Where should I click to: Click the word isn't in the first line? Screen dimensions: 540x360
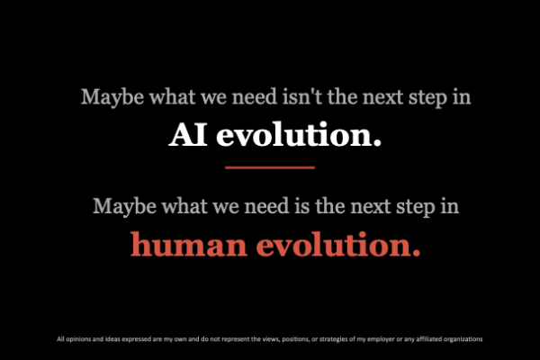(302, 97)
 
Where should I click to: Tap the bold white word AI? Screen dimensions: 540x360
(188, 135)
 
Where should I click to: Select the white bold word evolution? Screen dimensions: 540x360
(295, 134)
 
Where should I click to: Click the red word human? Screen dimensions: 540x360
(189, 244)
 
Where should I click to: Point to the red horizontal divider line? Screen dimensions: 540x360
(270, 167)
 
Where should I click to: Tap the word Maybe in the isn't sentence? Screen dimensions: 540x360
(112, 97)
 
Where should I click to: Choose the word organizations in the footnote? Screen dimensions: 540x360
(463, 339)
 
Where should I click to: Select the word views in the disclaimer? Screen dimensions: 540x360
(272, 339)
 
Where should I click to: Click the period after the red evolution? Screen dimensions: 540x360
(417, 254)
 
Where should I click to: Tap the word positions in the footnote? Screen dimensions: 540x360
(296, 339)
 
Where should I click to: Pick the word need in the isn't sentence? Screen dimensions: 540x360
(255, 97)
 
